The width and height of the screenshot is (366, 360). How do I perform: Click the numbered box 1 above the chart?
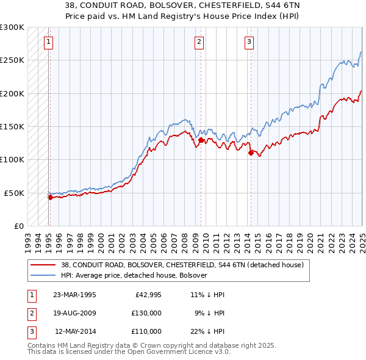pyautogui.click(x=48, y=42)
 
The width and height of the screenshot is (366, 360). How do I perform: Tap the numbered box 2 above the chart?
pyautogui.click(x=199, y=42)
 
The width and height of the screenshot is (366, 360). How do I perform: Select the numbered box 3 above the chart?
pyautogui.click(x=249, y=42)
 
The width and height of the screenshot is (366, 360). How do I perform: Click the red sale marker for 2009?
pyautogui.click(x=201, y=140)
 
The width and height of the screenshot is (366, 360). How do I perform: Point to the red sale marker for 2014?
pyautogui.click(x=250, y=153)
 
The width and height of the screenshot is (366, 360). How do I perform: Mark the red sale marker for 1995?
pyautogui.click(x=50, y=197)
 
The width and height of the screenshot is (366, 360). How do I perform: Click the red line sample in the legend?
pyautogui.click(x=43, y=265)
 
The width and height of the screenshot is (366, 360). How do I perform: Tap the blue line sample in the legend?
pyautogui.click(x=43, y=275)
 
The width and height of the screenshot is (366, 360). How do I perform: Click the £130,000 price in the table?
pyautogui.click(x=146, y=313)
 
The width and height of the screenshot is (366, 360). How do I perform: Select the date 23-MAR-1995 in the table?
pyautogui.click(x=74, y=295)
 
